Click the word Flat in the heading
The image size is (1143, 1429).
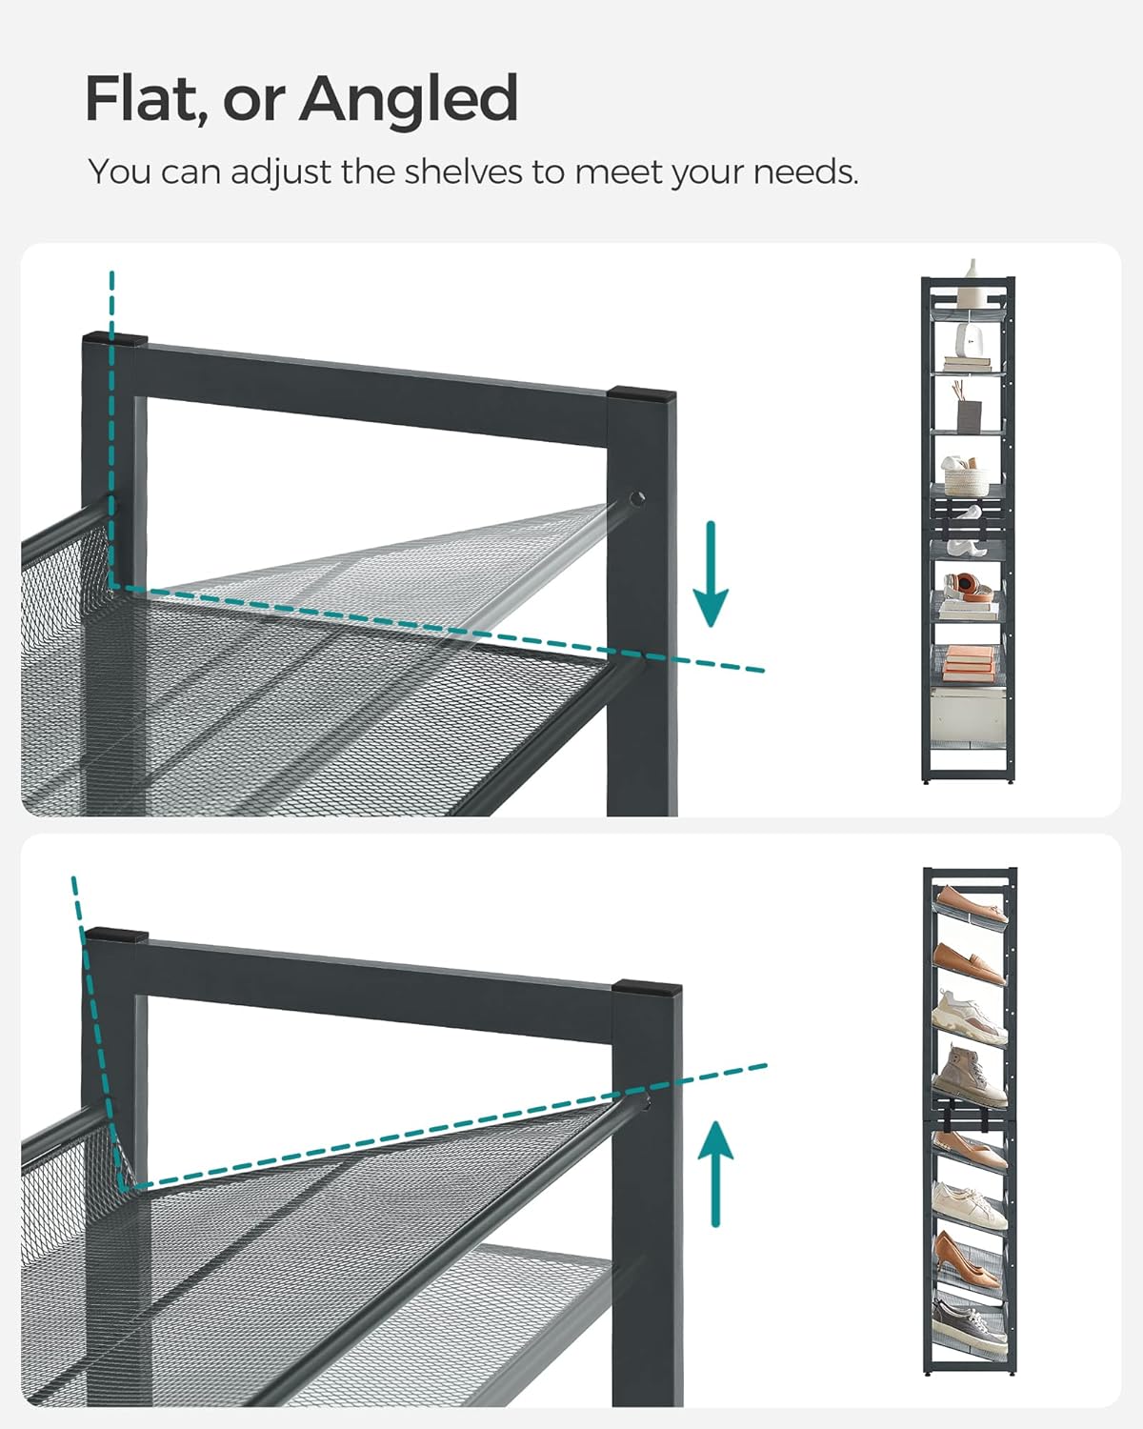coord(143,98)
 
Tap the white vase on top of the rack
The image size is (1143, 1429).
coord(972,272)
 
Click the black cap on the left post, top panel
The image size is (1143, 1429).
coord(115,338)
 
